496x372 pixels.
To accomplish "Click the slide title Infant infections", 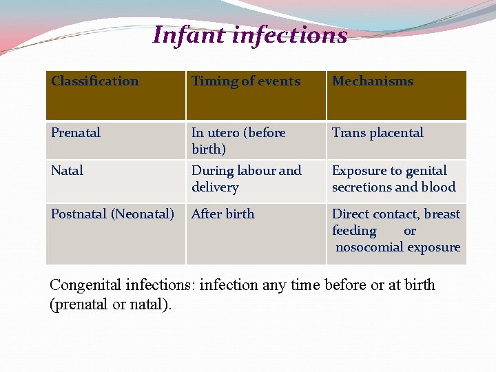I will (249, 34).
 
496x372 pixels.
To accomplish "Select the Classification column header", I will (94, 81).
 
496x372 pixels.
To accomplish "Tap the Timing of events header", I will (246, 81).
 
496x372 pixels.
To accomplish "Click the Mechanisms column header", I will (373, 81).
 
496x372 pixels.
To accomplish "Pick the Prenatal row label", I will (76, 133).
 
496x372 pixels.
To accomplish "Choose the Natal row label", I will (68, 171).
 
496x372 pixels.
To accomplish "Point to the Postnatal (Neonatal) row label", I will (112, 214).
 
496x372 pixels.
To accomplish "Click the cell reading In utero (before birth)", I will (238, 141).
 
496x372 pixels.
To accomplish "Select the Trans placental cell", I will (378, 133).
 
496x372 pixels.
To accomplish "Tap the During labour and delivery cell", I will (246, 179).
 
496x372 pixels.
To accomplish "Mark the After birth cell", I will (223, 214).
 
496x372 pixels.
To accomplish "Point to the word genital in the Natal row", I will (426, 171).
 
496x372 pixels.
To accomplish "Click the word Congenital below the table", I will (85, 285).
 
